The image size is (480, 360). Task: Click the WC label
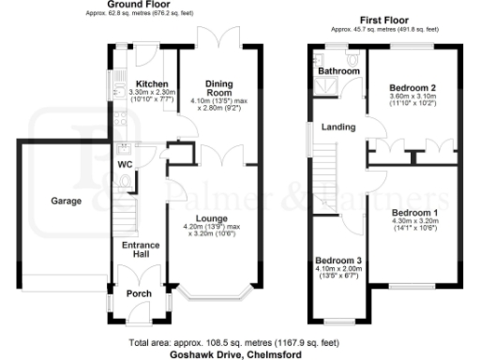[124, 166]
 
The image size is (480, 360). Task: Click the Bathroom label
[338, 71]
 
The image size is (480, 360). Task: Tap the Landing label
[337, 127]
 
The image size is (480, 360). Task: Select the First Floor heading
[385, 19]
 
